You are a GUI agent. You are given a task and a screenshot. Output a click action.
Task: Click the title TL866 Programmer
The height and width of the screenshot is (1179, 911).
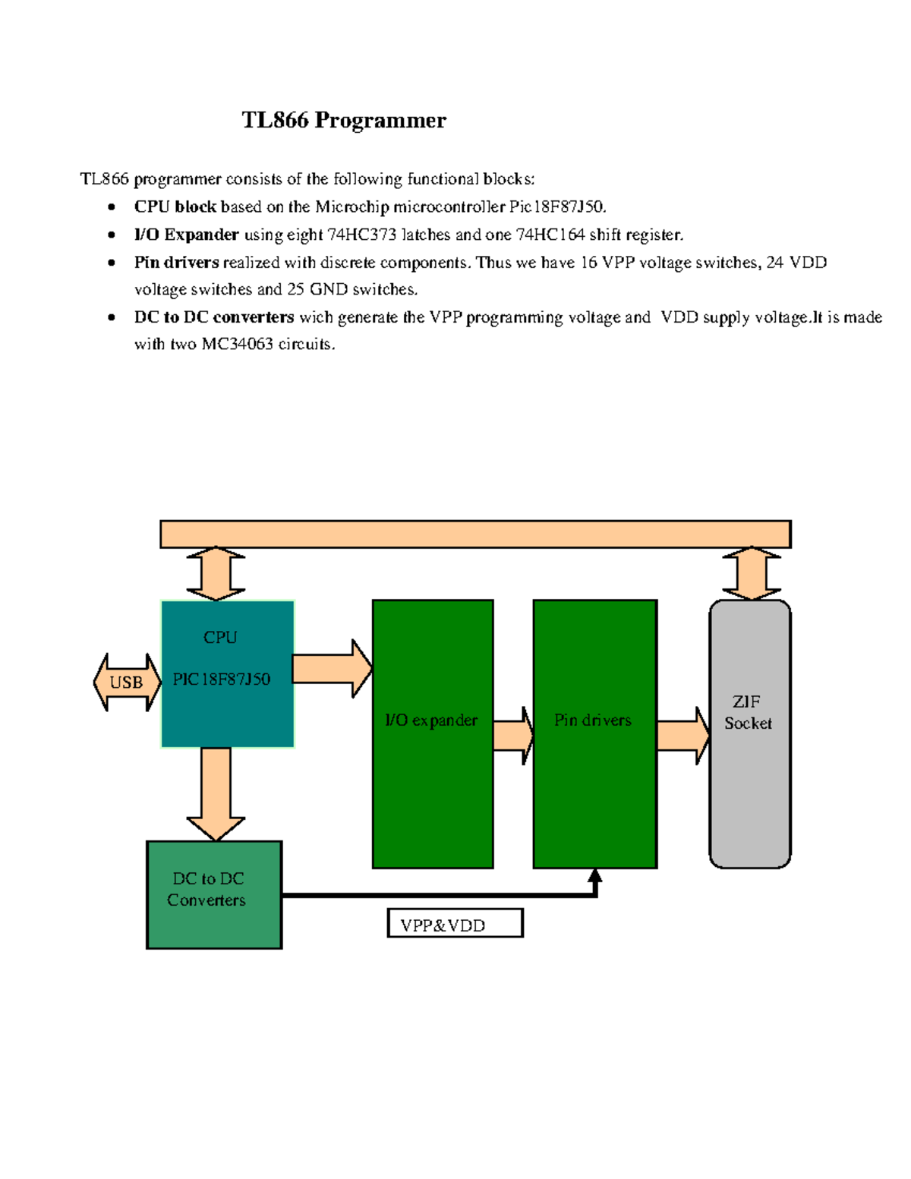pos(344,120)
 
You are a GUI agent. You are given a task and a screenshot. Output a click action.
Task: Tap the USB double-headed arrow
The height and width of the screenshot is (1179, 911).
pos(127,682)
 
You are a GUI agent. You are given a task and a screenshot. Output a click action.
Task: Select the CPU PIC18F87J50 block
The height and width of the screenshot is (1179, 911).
pos(227,674)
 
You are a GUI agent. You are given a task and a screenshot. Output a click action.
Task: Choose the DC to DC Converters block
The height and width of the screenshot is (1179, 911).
pos(213,894)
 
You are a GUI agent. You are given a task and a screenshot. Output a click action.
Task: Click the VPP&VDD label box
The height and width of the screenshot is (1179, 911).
pos(455,923)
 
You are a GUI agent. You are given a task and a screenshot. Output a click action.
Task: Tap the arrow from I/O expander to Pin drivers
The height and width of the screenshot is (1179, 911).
pos(513,735)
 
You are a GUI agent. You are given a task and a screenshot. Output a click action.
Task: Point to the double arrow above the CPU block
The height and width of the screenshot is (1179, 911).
pos(216,573)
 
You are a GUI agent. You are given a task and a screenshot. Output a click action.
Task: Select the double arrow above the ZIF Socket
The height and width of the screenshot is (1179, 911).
pos(751,573)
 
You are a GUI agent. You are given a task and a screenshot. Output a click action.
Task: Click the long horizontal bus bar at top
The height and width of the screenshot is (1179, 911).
pos(475,534)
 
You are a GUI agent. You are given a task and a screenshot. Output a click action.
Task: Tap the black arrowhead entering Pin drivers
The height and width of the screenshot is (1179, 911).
pos(595,878)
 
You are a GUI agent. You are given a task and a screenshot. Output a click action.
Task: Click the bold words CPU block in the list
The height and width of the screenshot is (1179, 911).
pos(175,206)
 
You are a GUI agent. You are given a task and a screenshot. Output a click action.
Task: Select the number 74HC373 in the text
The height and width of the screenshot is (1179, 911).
pos(361,235)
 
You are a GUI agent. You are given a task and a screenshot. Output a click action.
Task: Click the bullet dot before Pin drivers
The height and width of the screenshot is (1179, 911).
pos(112,263)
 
